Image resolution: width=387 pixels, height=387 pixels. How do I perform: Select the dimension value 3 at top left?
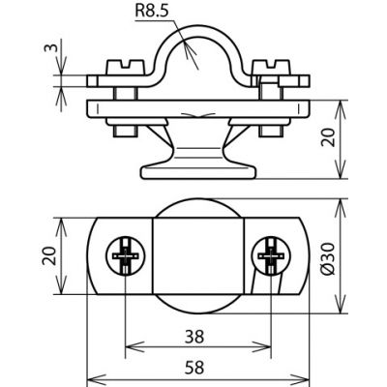click(50, 47)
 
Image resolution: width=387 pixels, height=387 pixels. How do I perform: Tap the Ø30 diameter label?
click(329, 258)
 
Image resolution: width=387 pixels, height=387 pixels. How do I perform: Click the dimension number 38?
click(194, 337)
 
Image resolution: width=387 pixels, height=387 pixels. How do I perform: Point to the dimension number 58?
click(194, 368)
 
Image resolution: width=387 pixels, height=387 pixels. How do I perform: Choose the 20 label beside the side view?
click(329, 137)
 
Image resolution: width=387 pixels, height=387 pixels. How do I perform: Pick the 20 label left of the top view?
click(49, 255)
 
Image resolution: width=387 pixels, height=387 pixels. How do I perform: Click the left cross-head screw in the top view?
click(126, 256)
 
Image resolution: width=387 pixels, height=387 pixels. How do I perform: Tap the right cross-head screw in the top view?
click(271, 256)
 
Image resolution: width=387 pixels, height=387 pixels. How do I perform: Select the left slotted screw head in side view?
click(125, 68)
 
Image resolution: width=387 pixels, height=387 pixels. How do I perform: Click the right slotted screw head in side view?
click(271, 68)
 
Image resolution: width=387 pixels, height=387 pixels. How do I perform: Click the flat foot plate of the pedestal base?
click(198, 171)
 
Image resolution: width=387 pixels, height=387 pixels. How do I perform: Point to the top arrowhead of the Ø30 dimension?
click(341, 209)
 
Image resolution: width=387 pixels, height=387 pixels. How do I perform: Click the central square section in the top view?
click(198, 256)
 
